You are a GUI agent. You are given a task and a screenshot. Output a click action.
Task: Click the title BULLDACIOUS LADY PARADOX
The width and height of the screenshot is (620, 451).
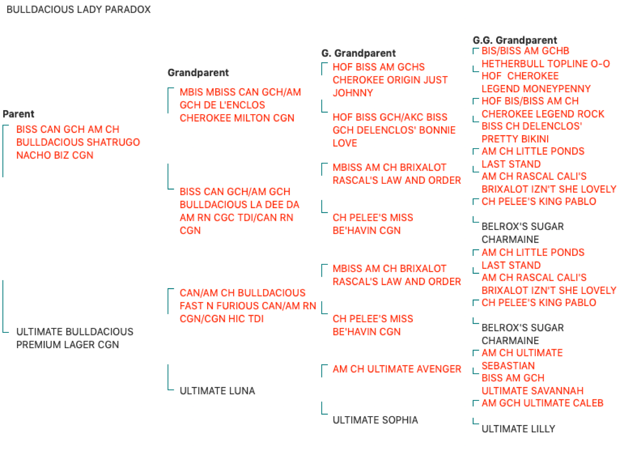(79, 10)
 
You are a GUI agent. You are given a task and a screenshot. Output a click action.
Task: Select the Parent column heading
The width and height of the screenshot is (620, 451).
(18, 114)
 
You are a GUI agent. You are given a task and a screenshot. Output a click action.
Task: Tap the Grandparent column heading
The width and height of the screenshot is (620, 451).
(198, 72)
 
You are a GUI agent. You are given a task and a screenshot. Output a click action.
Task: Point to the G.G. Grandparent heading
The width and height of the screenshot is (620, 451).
(515, 40)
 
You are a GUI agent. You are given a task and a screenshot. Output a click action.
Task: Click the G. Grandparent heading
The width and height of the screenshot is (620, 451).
(358, 53)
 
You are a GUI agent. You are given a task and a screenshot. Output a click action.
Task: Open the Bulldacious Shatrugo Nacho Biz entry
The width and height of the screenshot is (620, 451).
(78, 142)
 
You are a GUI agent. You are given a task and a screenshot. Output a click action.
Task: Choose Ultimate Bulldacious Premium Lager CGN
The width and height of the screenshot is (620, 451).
(75, 338)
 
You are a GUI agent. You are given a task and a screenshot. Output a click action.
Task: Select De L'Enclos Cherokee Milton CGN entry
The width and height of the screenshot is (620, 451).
(240, 105)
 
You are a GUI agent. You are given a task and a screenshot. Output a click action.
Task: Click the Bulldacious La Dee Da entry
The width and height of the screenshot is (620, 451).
(239, 211)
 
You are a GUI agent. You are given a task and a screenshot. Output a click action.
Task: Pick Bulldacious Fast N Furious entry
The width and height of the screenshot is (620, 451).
(248, 306)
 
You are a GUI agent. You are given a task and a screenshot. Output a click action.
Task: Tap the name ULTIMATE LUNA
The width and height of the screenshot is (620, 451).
(217, 391)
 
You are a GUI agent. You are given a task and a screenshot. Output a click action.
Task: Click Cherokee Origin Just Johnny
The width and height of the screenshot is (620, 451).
(390, 80)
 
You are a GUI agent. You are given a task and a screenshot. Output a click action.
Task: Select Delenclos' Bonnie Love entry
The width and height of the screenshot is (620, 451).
(394, 130)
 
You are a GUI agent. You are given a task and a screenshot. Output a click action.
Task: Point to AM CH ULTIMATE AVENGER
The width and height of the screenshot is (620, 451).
(397, 369)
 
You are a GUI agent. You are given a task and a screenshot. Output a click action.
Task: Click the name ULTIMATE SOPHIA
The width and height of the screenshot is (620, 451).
(375, 420)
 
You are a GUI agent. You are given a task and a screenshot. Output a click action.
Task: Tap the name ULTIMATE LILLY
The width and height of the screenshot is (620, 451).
(518, 429)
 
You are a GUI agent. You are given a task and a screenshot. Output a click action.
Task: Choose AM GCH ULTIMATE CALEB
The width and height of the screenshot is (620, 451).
(542, 403)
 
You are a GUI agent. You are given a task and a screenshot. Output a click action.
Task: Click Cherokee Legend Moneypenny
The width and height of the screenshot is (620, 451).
(536, 82)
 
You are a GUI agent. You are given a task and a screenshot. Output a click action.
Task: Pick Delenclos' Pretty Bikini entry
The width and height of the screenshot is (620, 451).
(532, 133)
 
